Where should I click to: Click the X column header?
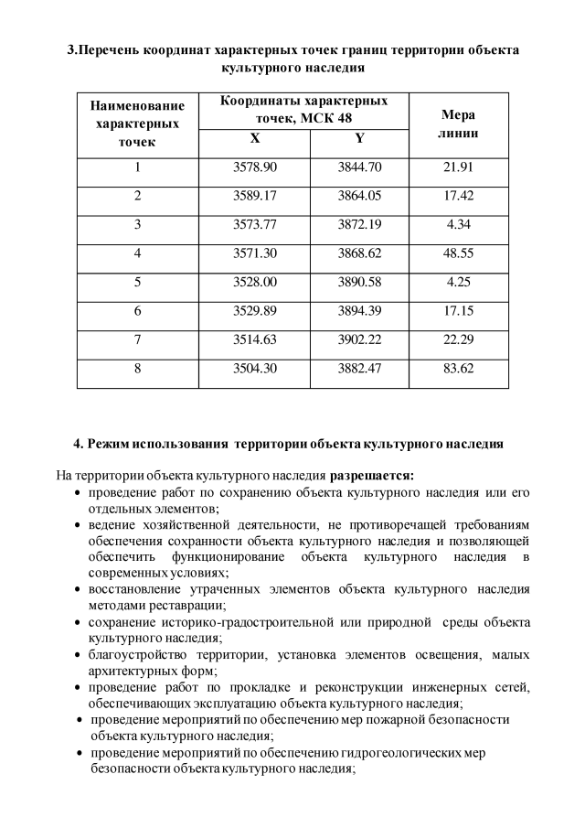(x=255, y=139)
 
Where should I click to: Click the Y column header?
(x=359, y=139)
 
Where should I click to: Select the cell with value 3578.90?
(x=255, y=167)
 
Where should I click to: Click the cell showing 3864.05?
(x=359, y=196)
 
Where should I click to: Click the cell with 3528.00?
(x=255, y=282)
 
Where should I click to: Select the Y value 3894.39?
(x=359, y=311)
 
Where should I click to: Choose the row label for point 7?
(x=138, y=339)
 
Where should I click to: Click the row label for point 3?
(x=138, y=224)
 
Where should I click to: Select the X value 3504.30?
(x=255, y=369)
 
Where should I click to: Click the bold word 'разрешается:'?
(x=372, y=475)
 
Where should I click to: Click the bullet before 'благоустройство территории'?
(x=79, y=656)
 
